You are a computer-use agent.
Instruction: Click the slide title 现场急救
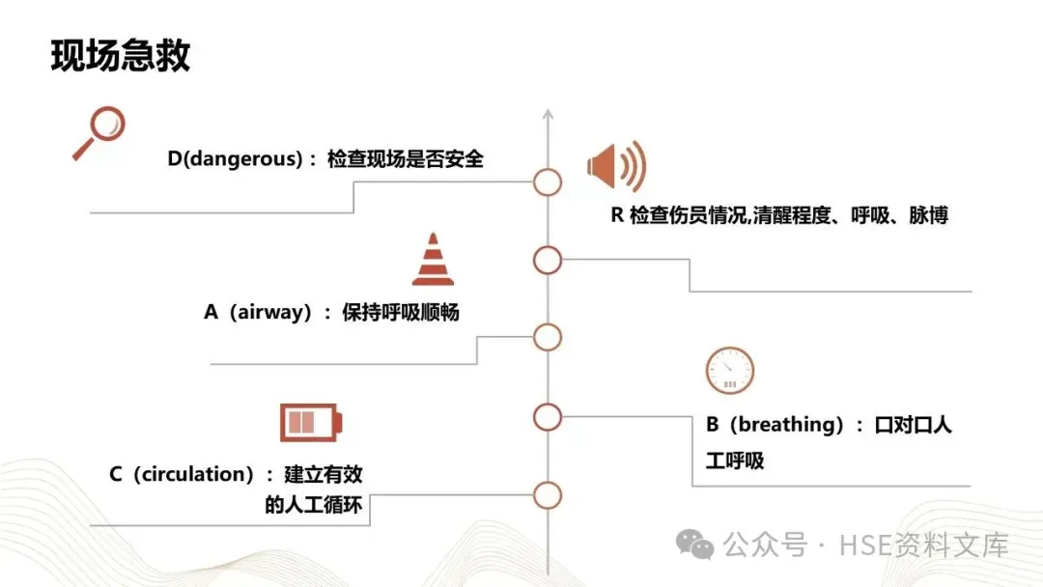click(x=121, y=57)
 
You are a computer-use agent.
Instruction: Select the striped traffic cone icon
click(x=433, y=260)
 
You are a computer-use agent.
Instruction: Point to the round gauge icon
click(x=729, y=371)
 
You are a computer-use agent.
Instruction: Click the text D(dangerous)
click(x=236, y=159)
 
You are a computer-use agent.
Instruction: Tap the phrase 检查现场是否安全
click(x=406, y=159)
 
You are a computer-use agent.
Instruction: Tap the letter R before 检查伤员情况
click(x=617, y=215)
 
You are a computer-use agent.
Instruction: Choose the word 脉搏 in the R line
click(x=928, y=215)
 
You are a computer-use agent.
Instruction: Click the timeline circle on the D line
click(x=548, y=182)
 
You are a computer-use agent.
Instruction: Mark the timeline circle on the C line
click(x=548, y=495)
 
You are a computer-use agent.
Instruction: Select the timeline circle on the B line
click(x=548, y=416)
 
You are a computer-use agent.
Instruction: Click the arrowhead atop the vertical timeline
click(x=548, y=116)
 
